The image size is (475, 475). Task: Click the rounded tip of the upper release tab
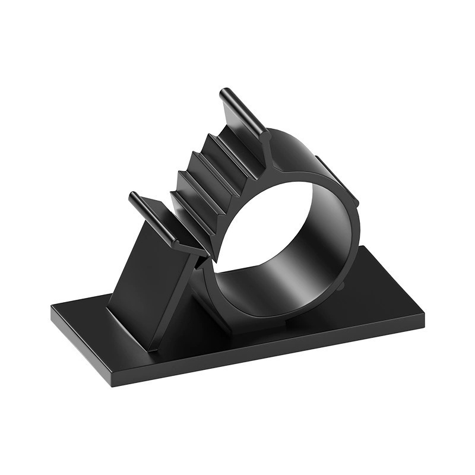(x=224, y=94)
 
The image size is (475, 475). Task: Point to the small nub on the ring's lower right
(x=343, y=286)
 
